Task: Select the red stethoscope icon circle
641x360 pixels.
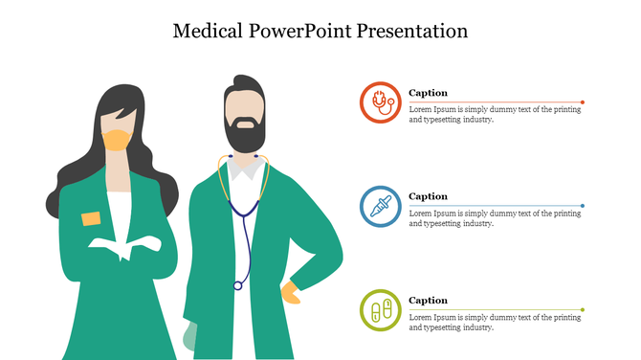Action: pos(381,101)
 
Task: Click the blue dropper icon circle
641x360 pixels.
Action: pos(381,206)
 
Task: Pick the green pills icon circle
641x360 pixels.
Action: pos(381,310)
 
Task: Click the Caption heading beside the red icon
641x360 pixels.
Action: pos(429,93)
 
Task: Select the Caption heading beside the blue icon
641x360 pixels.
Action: pos(429,196)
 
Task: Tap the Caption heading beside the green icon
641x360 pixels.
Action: pos(429,301)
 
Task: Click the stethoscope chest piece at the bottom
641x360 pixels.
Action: pos(238,284)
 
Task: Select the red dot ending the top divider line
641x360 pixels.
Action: pos(583,101)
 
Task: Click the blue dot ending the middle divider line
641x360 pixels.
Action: pos(583,206)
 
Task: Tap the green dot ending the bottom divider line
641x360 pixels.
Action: pos(583,309)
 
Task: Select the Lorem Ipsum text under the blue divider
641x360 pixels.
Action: pos(495,218)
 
